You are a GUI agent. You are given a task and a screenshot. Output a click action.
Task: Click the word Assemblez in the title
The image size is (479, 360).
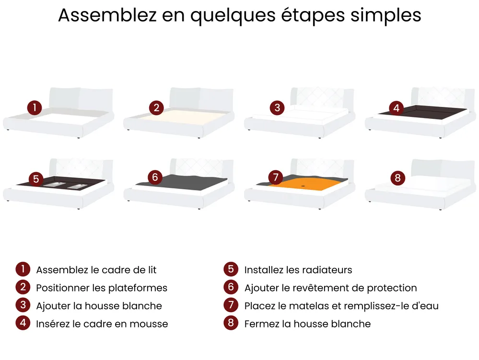pos(107,15)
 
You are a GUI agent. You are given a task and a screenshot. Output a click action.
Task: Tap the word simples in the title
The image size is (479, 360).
pos(386,16)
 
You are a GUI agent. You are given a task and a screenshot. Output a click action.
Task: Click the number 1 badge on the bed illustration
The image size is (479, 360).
pos(35,107)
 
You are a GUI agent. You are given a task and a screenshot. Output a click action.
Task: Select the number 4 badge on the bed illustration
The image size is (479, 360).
pos(396,108)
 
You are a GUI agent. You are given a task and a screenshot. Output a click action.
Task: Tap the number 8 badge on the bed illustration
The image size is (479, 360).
pos(398,178)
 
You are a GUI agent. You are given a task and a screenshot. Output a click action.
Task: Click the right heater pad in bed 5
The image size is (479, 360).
pos(78,186)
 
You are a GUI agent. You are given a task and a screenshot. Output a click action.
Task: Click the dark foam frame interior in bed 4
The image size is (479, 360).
pos(423,111)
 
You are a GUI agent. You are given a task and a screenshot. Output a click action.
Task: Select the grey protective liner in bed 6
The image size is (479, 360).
pos(183,182)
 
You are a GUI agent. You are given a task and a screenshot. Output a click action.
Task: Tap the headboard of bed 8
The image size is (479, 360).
pos(443,170)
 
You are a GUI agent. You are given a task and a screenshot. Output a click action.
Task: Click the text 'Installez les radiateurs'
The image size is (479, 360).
pos(298,270)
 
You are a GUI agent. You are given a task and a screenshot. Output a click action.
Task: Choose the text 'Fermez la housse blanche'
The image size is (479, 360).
pos(307,324)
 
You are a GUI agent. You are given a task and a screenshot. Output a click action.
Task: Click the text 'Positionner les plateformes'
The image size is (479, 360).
pos(102,288)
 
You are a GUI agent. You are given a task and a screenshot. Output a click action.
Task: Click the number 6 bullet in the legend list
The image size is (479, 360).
pos(231,287)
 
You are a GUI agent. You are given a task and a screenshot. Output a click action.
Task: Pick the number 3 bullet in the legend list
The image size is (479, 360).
pos(23,305)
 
